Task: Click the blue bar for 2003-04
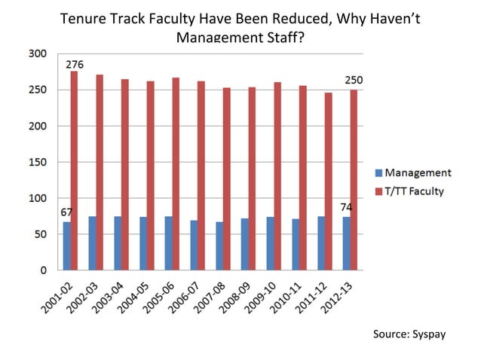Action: [117, 243]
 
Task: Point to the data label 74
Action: [346, 207]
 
